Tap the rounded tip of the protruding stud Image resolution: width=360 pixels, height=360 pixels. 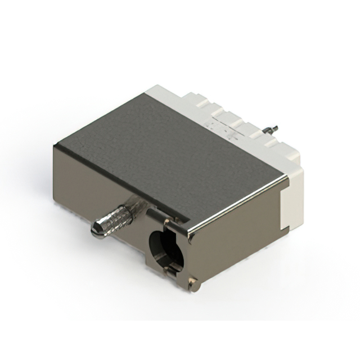tap(96, 230)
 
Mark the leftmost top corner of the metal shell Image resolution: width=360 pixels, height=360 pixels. tap(55, 145)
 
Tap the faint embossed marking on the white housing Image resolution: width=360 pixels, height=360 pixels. tap(217, 127)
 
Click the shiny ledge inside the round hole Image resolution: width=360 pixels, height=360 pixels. tap(169, 264)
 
